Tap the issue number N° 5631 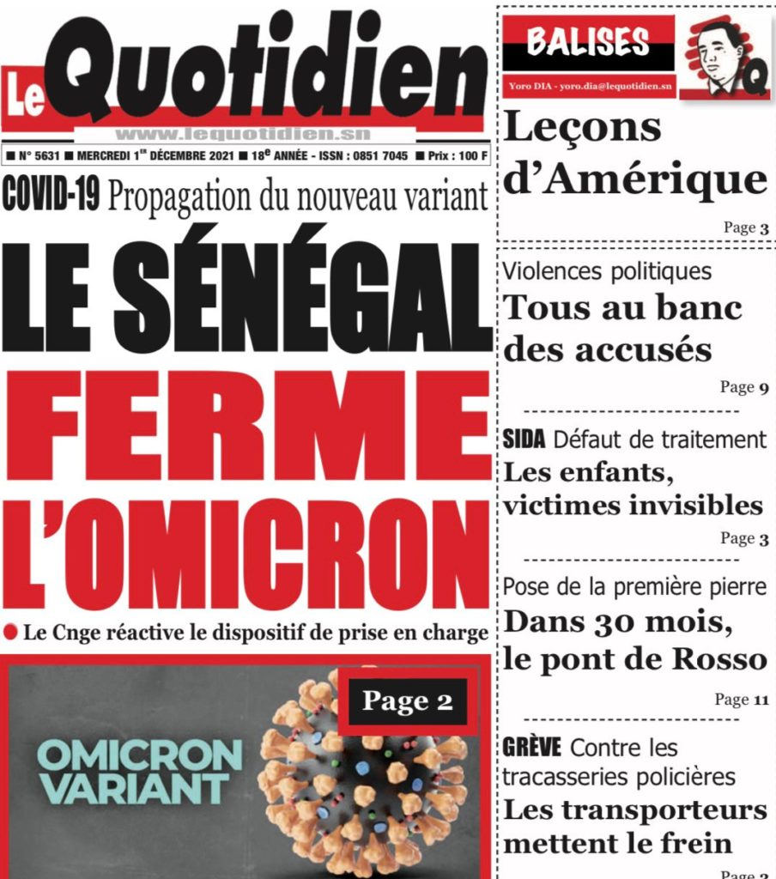coord(38,157)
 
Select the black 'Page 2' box coord(408,700)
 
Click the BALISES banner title coord(588,41)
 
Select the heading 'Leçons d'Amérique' coord(634,155)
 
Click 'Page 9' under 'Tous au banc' coord(743,387)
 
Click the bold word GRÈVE coord(531,747)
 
